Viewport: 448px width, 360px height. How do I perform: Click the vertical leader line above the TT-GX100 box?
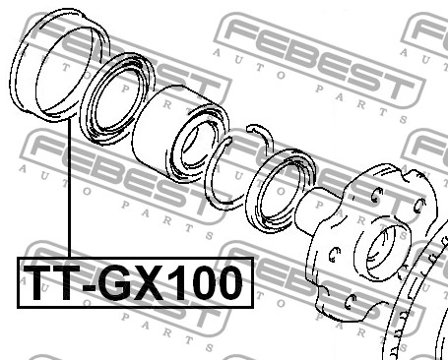[x=69, y=190]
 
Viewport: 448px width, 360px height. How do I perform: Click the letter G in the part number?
[x=115, y=282]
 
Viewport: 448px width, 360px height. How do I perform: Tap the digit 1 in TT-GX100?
[x=174, y=282]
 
